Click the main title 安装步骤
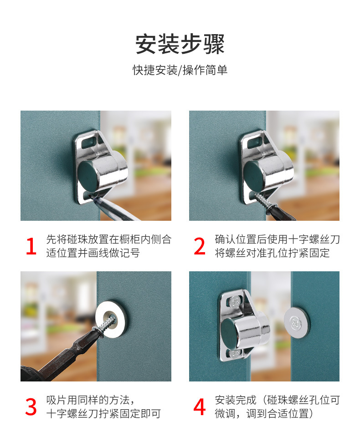[x=180, y=44]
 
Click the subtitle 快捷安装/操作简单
[x=180, y=71]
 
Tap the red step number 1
[x=31, y=247]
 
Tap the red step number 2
[x=200, y=247]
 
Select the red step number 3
[x=31, y=407]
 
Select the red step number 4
[x=200, y=407]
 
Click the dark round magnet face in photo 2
[x=256, y=174]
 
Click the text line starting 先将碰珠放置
[x=109, y=240]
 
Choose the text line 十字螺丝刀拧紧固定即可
[x=103, y=414]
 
